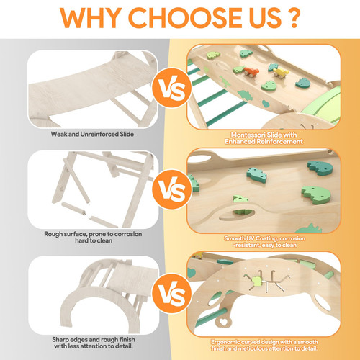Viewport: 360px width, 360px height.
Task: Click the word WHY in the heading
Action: (91, 18)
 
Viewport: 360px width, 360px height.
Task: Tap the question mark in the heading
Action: (292, 18)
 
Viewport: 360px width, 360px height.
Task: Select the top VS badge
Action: (172, 88)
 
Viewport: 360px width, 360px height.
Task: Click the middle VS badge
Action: (172, 189)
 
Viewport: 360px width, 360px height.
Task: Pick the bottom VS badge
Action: (172, 293)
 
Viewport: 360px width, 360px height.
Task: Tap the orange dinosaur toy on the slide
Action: (251, 72)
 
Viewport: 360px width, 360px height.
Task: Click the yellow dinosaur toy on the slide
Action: (281, 73)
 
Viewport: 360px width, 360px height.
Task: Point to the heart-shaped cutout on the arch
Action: (223, 322)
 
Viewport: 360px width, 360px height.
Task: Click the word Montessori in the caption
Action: (248, 135)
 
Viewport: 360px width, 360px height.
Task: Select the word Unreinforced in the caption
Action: (100, 134)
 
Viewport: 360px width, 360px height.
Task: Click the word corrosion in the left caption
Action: (128, 234)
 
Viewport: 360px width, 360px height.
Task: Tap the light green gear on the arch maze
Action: (257, 281)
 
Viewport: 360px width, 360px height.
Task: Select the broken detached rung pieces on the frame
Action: (89, 215)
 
